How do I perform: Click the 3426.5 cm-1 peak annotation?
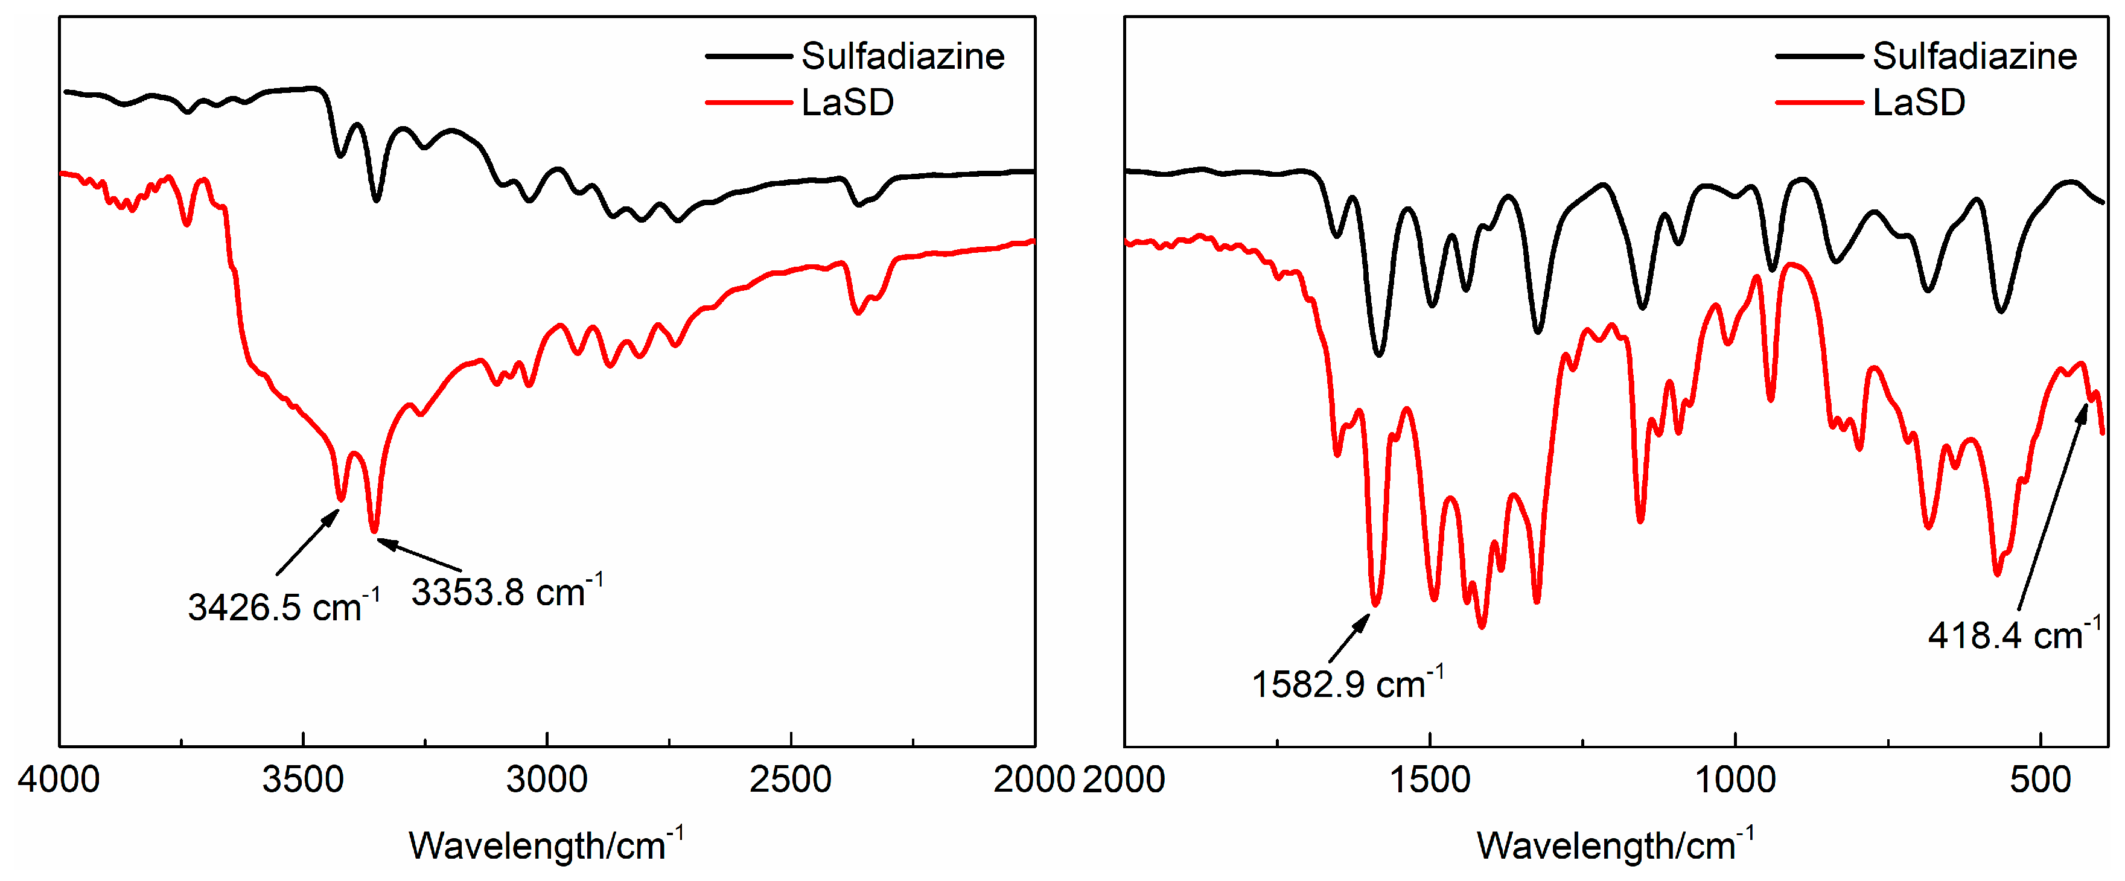pyautogui.click(x=283, y=607)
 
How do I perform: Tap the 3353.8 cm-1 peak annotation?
pyautogui.click(x=506, y=591)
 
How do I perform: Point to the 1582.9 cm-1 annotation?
pyautogui.click(x=1347, y=684)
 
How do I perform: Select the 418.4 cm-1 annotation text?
pyautogui.click(x=2013, y=635)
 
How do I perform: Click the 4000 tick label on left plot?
pyautogui.click(x=59, y=780)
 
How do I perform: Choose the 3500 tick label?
pyautogui.click(x=303, y=780)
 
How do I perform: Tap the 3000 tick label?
pyautogui.click(x=547, y=780)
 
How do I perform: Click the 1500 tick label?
pyautogui.click(x=1430, y=780)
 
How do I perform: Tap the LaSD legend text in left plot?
pyautogui.click(x=847, y=103)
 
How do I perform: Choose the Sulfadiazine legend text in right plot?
pyautogui.click(x=1974, y=56)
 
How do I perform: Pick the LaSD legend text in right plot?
pyautogui.click(x=1919, y=103)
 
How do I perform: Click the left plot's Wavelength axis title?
pyautogui.click(x=545, y=845)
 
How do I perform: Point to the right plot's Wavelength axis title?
pyautogui.click(x=1615, y=845)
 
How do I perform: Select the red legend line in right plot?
pyautogui.click(x=1818, y=103)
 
